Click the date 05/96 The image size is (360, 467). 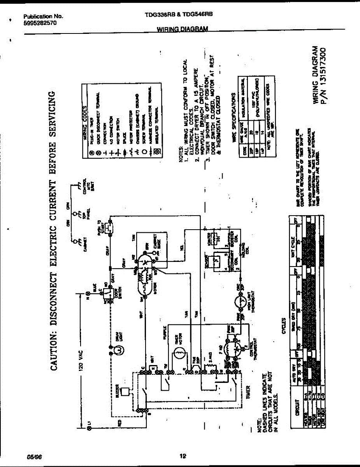coord(33,456)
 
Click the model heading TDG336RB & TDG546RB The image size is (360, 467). coord(179,13)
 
